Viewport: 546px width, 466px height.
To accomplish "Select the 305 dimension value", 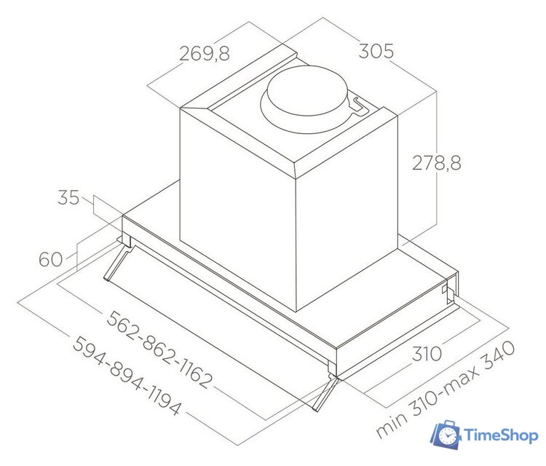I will coord(376,52).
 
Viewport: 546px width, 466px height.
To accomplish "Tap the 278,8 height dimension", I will coord(438,162).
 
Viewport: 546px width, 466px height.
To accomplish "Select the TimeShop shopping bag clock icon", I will coord(446,435).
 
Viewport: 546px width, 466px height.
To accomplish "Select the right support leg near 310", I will coord(325,393).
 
